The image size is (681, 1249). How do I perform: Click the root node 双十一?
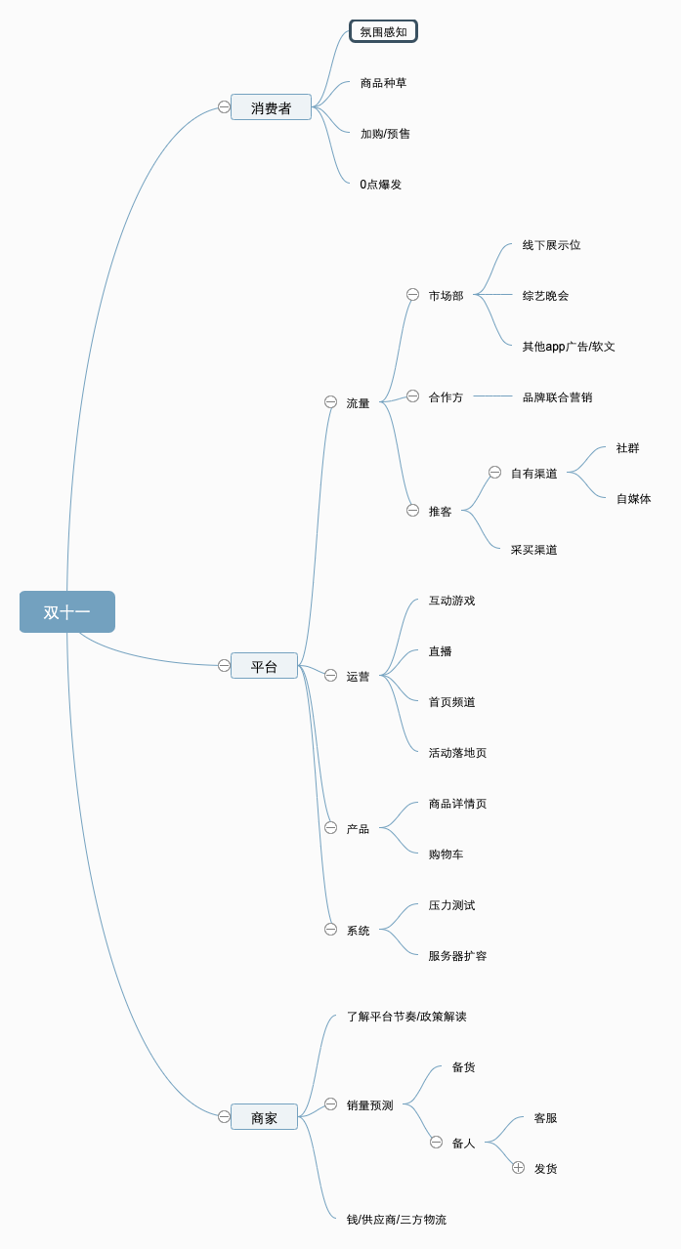coord(66,612)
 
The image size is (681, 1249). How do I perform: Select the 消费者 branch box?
coord(271,107)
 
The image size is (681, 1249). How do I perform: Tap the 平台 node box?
coord(264,666)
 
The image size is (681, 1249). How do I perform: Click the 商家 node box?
coord(264,1117)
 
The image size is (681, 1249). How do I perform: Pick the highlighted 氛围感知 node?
coord(383,31)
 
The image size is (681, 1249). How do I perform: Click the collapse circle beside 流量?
coord(330,401)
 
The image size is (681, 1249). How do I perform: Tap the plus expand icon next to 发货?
coord(518,1167)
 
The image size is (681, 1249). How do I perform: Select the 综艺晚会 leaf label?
coord(545,295)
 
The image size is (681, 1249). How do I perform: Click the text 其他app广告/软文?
coord(568,346)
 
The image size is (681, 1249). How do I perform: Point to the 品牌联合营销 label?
coord(557,396)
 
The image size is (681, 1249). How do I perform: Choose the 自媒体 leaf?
coord(633,498)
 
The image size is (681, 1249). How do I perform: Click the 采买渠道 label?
coord(533,549)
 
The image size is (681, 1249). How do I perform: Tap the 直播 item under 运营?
coord(440,650)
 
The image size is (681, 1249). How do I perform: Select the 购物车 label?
coord(446,853)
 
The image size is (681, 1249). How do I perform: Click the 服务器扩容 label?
coord(457,955)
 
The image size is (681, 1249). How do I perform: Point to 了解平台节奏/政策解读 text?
coord(406,1016)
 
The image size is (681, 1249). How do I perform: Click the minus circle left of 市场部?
coord(412,294)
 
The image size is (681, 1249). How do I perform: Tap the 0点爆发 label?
coord(380,184)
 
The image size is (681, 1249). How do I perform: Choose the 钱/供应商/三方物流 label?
coord(396,1219)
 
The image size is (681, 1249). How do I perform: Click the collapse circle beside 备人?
coord(436,1142)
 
